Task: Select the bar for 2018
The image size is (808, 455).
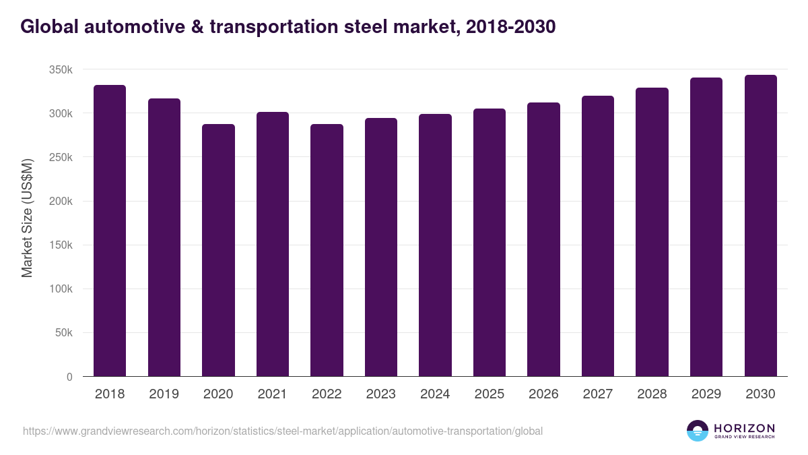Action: tap(110, 231)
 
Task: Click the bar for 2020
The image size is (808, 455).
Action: tap(218, 250)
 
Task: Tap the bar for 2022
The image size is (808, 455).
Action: tap(327, 250)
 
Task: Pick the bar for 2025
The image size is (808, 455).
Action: tap(490, 242)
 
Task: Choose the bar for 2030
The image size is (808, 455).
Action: tap(760, 225)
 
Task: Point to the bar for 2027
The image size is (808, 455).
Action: tap(598, 236)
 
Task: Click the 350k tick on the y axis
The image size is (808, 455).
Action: tap(61, 69)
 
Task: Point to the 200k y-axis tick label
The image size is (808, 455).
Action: tap(61, 202)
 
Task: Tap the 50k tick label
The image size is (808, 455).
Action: tap(63, 333)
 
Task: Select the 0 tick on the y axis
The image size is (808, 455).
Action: tap(69, 377)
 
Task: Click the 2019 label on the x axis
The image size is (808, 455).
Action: tap(164, 394)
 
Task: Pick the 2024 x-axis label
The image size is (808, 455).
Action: tap(435, 394)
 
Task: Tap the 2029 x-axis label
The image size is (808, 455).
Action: tap(706, 394)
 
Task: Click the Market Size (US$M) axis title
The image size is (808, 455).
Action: tap(27, 218)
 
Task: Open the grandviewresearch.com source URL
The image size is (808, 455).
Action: tap(282, 431)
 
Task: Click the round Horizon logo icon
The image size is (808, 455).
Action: tap(697, 431)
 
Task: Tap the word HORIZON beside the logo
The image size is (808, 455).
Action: tap(744, 427)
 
